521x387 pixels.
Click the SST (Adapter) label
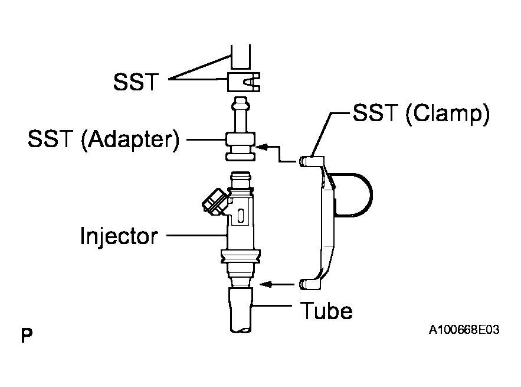[x=103, y=139]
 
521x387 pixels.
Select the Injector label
[x=119, y=236]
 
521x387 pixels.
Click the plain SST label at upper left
[x=136, y=82]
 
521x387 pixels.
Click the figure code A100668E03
[x=464, y=330]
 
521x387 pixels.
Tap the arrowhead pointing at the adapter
[x=261, y=147]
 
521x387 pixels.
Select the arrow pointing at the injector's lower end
[x=277, y=284]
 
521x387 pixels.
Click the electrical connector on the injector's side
[x=214, y=201]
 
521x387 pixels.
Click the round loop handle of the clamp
[x=359, y=196]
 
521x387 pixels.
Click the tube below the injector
[x=241, y=310]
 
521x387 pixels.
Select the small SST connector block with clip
[x=244, y=82]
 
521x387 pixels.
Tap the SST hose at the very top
[x=241, y=57]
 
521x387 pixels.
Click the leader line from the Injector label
[x=196, y=235]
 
